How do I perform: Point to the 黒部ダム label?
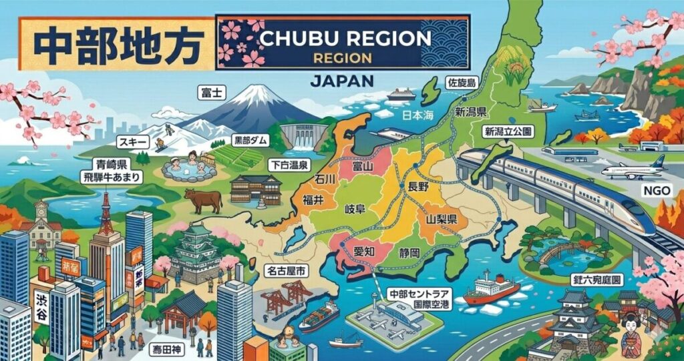251,141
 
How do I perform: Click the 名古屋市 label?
287,272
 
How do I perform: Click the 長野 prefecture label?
414,188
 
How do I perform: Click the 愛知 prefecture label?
363,252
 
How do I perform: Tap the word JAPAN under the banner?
342,81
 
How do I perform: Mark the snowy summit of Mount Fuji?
237,93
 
